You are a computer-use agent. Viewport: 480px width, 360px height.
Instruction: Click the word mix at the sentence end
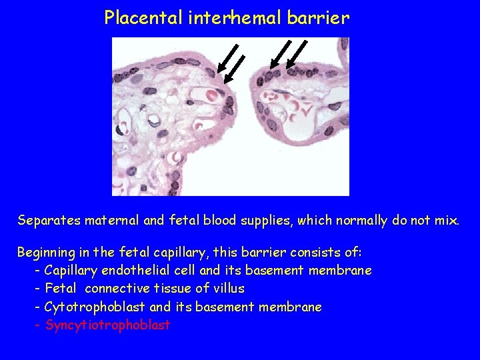446,221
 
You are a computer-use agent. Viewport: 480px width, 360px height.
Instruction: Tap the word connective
120,289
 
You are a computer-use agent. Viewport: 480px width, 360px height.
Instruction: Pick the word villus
229,289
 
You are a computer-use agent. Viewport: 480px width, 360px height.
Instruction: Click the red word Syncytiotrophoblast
107,325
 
